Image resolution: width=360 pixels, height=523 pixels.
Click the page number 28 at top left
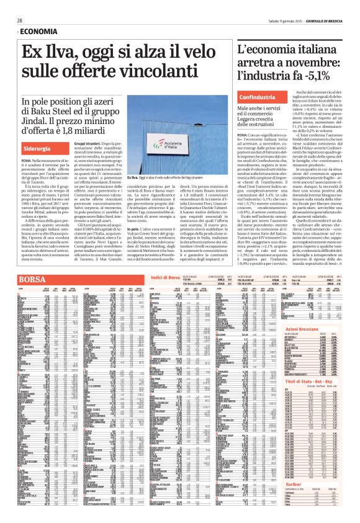pos(20,20)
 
